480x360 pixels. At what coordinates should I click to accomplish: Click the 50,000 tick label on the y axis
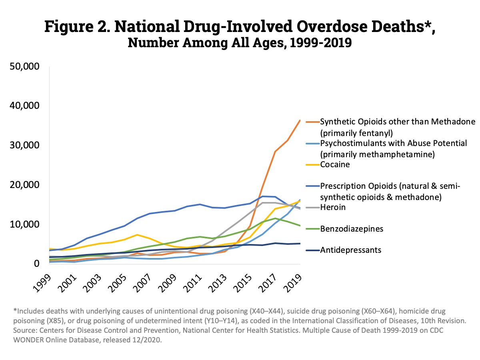[x=24, y=66]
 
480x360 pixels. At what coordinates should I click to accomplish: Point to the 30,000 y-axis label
[x=24, y=145]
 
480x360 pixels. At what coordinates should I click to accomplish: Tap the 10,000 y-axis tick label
[x=24, y=224]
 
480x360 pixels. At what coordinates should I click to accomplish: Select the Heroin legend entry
[x=332, y=207]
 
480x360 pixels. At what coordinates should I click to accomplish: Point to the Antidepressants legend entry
[x=350, y=250]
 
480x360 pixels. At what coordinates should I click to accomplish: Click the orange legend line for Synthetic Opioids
[x=312, y=122]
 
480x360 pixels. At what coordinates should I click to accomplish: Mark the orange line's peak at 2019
[x=300, y=120]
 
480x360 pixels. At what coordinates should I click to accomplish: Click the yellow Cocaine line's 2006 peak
[x=137, y=234]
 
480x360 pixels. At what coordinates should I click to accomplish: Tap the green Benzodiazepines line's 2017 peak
[x=275, y=218]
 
